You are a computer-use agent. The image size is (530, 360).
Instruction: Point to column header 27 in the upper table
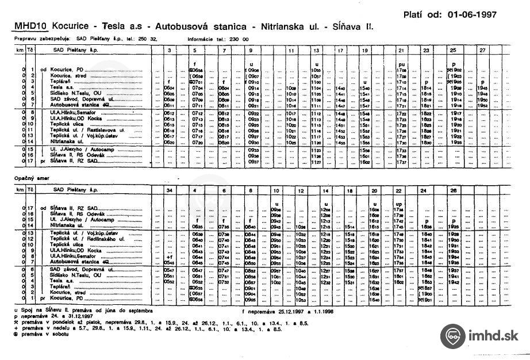coord(482,51)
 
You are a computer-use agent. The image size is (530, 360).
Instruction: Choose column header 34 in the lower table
coord(169,190)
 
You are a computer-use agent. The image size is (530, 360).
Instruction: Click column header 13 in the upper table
coord(316,51)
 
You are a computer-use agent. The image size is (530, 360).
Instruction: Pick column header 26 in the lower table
coord(454,190)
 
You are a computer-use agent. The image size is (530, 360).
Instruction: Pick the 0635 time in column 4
coord(197,227)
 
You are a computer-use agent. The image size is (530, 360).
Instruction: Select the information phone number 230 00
coord(240,39)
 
